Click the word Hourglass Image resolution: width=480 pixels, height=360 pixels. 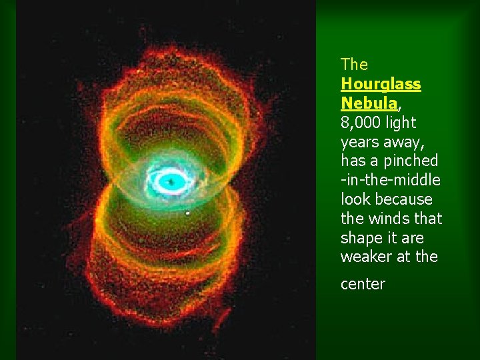coord(381,85)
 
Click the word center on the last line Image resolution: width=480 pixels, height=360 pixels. coord(363,284)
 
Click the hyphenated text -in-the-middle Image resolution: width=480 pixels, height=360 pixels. coord(391,180)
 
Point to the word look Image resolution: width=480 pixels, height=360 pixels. coord(355,199)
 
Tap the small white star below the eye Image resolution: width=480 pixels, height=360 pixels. coord(187,213)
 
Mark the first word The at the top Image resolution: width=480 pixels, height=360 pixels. coord(354,65)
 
